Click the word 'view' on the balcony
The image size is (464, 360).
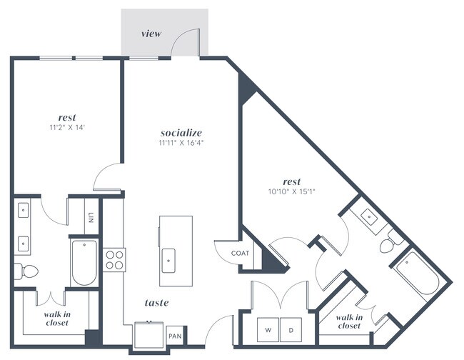[151, 34]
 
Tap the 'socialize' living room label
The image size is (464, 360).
[181, 132]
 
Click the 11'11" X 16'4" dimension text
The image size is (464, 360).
[181, 143]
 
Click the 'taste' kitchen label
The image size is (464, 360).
[156, 303]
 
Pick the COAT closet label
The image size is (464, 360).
[239, 254]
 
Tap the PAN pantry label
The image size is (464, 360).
[175, 335]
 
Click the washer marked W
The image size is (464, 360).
[269, 329]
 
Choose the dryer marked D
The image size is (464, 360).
[291, 329]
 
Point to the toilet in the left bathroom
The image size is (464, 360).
[26, 272]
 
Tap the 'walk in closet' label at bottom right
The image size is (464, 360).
[349, 321]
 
